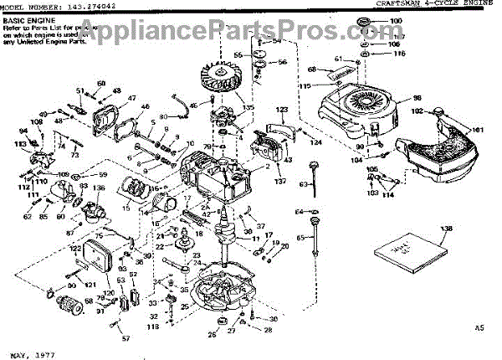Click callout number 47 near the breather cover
tap(132, 98)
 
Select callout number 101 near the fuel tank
tap(479, 129)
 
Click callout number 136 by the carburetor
tap(99, 188)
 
